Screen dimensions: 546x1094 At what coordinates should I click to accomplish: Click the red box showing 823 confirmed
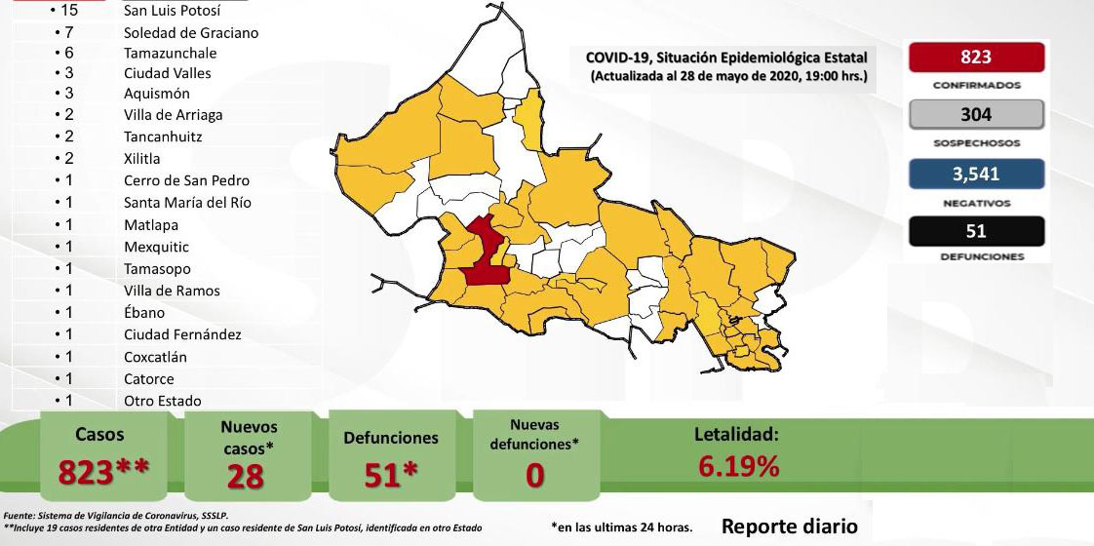pos(975,58)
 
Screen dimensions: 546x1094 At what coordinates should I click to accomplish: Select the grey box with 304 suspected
pos(975,115)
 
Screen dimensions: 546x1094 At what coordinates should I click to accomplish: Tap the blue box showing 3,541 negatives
pos(975,174)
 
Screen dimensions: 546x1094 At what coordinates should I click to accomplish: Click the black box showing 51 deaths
pos(975,231)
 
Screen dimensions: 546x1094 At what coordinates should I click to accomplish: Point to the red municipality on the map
pos(482,254)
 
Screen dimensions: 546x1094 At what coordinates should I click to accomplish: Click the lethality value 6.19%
pos(738,467)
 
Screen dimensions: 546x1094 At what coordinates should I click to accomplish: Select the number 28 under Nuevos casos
pos(249,476)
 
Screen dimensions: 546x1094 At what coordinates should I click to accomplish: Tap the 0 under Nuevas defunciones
pos(533,476)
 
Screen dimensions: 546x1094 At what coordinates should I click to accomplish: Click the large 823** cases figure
pos(103,473)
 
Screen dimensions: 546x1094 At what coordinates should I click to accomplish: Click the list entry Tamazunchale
pos(170,53)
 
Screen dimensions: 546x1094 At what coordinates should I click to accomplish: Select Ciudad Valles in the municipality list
pos(167,73)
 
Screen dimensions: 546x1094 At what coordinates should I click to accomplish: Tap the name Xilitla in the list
pos(142,158)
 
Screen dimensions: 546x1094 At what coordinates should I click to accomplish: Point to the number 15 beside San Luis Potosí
pos(68,11)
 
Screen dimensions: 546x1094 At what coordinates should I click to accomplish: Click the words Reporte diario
pos(790,526)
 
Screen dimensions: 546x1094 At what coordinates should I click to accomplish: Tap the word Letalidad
pos(736,435)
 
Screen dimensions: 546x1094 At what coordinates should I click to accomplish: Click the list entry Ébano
pos(144,313)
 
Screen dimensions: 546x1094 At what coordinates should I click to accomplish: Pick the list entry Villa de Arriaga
pos(173,114)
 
